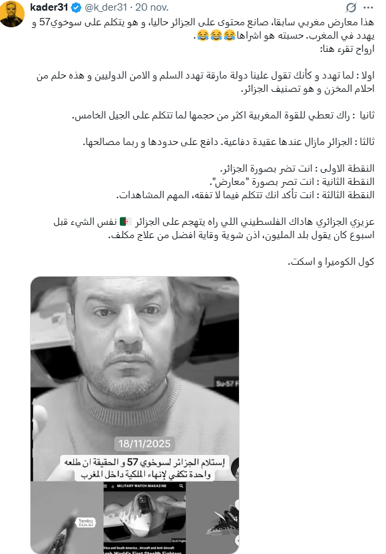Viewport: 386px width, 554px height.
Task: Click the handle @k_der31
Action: coord(106,7)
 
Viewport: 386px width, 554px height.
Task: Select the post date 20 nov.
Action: coord(154,7)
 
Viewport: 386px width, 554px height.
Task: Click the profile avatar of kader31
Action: coord(13,13)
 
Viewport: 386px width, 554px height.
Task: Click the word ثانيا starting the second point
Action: coord(365,115)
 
